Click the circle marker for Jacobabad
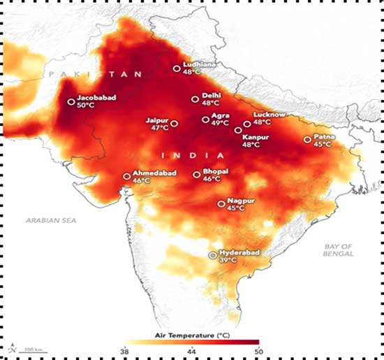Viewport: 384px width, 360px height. coord(71,101)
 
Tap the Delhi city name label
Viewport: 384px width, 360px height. coord(211,95)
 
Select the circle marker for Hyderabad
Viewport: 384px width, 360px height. coord(213,255)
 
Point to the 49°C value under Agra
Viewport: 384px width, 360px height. coord(220,122)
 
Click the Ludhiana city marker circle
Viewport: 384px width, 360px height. coord(177,69)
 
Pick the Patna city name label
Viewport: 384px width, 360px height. coord(324,136)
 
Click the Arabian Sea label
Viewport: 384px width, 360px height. coord(51,220)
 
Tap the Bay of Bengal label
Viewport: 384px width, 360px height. coord(338,250)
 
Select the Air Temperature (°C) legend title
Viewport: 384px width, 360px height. coord(192,336)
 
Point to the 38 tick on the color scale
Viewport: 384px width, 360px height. coord(125,352)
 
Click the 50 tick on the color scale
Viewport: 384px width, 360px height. coord(259,352)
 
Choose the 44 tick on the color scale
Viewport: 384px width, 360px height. coord(192,352)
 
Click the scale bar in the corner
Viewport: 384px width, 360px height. coord(33,352)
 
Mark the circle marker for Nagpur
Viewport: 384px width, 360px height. coord(221,204)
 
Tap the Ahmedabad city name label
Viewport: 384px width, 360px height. coord(154,173)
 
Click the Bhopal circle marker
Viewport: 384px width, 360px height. coord(197,175)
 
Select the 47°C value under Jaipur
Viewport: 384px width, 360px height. coord(160,128)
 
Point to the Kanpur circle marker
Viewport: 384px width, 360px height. coord(238,130)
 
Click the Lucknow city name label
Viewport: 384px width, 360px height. coord(269,115)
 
